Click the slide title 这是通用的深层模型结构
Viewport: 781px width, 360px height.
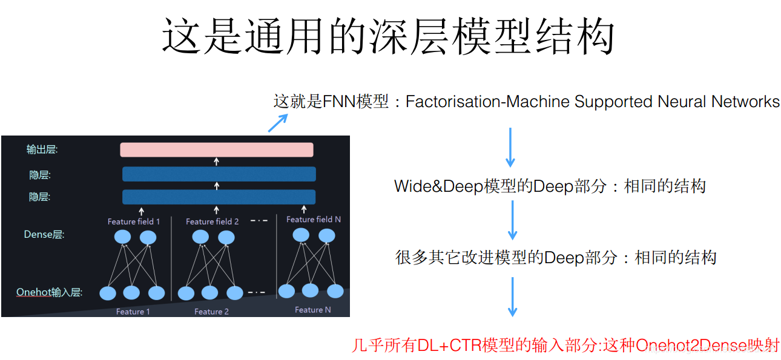coord(388,36)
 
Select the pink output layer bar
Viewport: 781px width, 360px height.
coord(217,149)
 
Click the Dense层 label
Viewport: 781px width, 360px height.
coord(44,235)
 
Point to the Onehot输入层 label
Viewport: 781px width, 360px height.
coord(49,293)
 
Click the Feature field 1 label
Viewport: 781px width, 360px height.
coord(134,221)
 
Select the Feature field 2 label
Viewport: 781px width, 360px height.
coord(212,221)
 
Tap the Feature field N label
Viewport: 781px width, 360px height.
coord(314,219)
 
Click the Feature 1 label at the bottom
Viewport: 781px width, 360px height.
coord(133,312)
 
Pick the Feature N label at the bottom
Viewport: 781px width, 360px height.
coord(313,310)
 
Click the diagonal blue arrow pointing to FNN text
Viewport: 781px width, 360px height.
coord(277,123)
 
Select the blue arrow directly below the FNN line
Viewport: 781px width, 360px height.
coord(510,147)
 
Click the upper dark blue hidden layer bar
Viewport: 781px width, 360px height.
coord(219,174)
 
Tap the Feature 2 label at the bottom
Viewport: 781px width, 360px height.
coord(211,312)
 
